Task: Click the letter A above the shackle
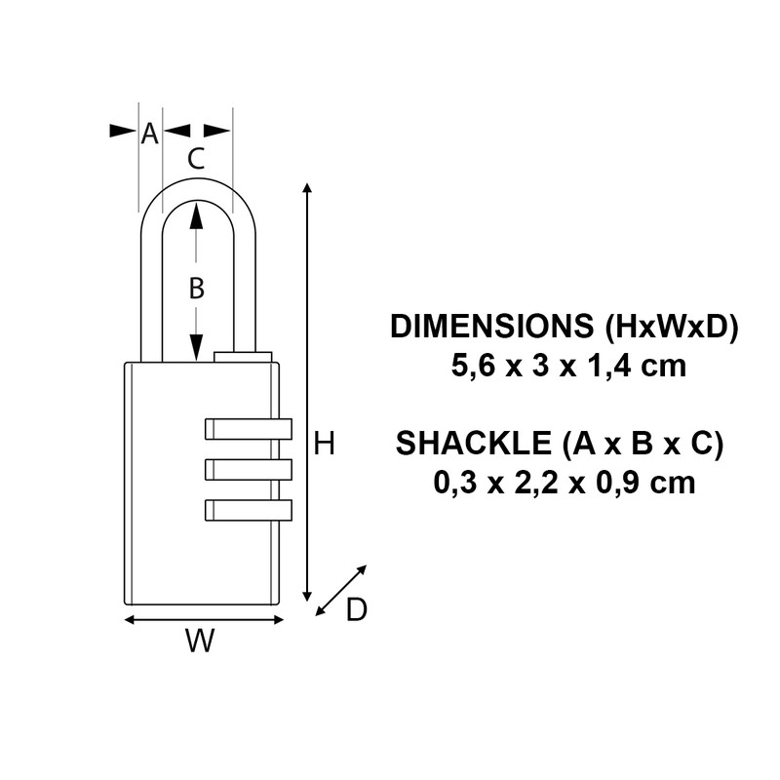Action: point(149,134)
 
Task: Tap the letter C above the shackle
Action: point(196,159)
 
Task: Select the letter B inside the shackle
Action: point(196,288)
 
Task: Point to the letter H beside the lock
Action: point(325,445)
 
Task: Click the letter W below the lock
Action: point(199,642)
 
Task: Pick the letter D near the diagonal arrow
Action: point(357,610)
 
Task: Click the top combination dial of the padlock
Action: point(249,429)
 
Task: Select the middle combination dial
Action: point(249,469)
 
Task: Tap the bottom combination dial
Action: point(249,509)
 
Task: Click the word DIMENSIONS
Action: point(491,327)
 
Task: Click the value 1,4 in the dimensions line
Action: point(605,367)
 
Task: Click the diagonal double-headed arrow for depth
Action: point(342,591)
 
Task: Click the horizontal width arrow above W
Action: point(205,619)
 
